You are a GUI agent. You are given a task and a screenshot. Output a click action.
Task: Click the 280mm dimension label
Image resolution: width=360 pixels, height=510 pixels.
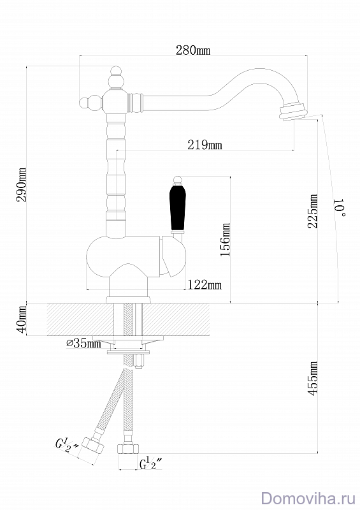pyautogui.click(x=193, y=50)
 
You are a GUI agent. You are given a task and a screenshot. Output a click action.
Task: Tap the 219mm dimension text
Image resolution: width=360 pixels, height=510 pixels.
pyautogui.click(x=205, y=145)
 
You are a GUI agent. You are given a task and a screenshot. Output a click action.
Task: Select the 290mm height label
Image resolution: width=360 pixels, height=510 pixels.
pyautogui.click(x=22, y=185)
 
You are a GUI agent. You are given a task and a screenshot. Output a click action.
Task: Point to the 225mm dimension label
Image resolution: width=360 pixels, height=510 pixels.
pyautogui.click(x=313, y=211)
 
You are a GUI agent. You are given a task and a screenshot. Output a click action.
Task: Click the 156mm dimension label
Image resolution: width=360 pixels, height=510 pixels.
pyautogui.click(x=225, y=239)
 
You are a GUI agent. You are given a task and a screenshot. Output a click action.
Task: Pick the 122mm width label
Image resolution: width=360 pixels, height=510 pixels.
pyautogui.click(x=205, y=285)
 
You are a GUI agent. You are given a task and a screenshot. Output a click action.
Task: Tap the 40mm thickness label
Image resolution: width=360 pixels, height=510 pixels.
pyautogui.click(x=22, y=319)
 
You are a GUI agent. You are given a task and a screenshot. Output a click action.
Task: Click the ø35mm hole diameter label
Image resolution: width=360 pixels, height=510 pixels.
pyautogui.click(x=83, y=343)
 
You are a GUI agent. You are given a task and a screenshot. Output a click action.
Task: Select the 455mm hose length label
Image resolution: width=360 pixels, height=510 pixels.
pyautogui.click(x=313, y=378)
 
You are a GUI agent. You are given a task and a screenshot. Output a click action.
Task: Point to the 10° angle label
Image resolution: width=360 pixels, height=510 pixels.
pyautogui.click(x=340, y=207)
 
